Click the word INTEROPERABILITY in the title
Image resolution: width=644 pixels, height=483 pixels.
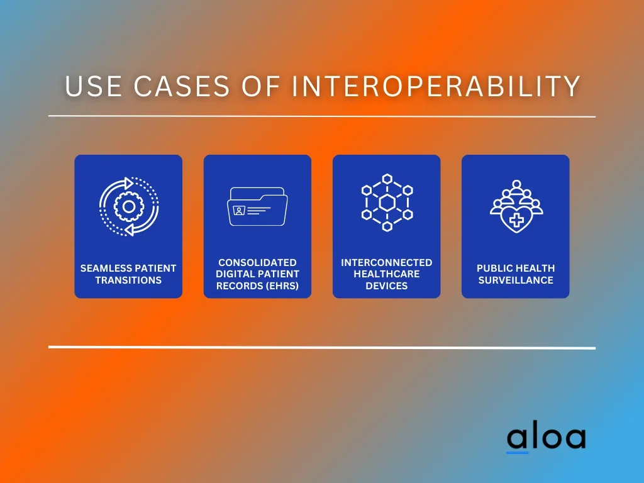[x=436, y=86]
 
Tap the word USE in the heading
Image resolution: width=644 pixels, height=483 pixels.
[x=94, y=86]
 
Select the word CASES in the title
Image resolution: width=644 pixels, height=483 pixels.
[x=182, y=86]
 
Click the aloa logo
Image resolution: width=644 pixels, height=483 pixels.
[x=547, y=439]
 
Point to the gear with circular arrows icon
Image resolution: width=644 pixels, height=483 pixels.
[x=128, y=206]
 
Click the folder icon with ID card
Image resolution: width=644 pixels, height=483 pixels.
[x=257, y=206]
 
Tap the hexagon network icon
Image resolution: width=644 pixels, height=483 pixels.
[x=387, y=203]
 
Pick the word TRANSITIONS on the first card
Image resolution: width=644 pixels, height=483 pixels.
[x=128, y=280]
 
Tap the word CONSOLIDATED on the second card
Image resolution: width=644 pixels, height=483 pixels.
[x=257, y=262]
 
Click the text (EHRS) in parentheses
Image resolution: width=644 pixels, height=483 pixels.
[x=282, y=286]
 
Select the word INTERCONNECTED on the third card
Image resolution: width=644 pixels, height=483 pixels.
[x=387, y=262]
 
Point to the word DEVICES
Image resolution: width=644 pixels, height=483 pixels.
[x=387, y=286]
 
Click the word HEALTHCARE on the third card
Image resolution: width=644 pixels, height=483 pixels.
[x=387, y=274]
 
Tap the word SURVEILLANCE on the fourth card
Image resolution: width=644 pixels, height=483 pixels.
[x=516, y=280]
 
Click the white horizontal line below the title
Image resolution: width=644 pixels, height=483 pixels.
[x=322, y=116]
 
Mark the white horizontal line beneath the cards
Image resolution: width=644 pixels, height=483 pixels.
[x=322, y=347]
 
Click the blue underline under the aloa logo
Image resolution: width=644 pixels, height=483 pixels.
[x=517, y=453]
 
